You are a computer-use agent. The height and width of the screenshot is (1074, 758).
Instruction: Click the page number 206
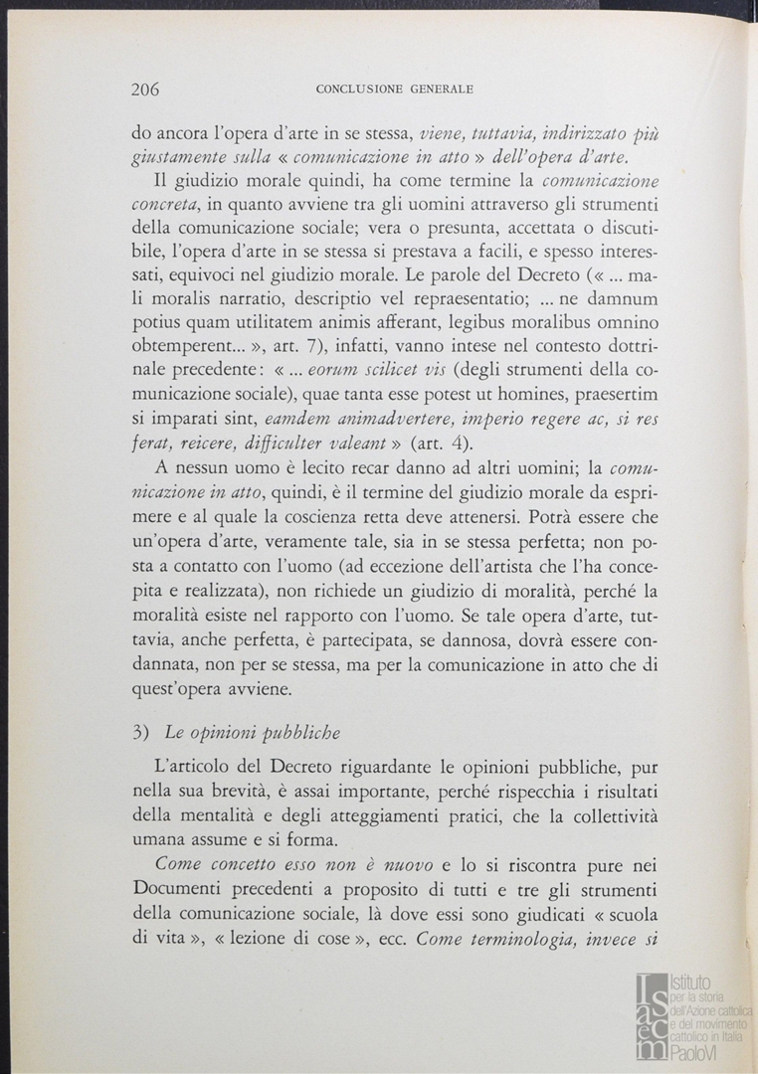click(145, 89)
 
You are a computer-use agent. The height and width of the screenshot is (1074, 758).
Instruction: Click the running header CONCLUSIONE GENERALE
click(393, 89)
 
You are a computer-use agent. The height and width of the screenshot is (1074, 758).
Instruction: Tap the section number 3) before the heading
click(140, 733)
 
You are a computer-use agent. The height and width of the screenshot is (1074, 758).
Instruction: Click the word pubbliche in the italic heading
click(294, 734)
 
